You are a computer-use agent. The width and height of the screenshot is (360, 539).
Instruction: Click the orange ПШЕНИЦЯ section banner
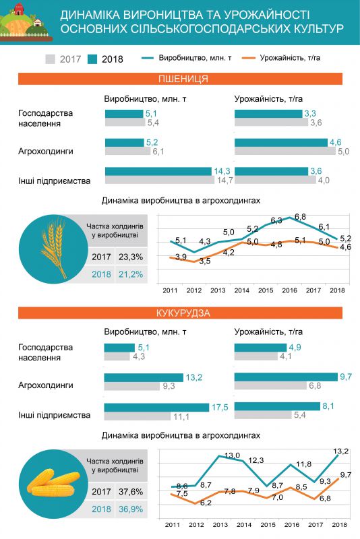point(180,79)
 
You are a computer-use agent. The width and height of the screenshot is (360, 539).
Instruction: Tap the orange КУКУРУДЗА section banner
point(180,313)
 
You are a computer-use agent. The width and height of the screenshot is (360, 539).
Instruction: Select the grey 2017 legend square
point(50,59)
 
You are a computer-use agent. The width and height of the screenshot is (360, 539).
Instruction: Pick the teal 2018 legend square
point(92,59)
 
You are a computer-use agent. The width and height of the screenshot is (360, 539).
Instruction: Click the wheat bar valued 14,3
point(158,171)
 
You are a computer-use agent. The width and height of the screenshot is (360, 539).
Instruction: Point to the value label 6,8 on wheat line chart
point(300,217)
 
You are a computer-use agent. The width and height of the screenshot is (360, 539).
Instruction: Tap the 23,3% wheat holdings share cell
point(131,257)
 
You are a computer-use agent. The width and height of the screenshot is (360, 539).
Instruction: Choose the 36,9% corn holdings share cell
point(131,509)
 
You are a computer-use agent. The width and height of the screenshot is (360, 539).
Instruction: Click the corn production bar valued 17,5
point(156,408)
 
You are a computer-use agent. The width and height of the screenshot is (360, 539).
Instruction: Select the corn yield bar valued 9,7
point(286,377)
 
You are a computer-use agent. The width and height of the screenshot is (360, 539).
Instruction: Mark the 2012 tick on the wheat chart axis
point(194,290)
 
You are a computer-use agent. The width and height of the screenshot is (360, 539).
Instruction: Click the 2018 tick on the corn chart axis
point(339,525)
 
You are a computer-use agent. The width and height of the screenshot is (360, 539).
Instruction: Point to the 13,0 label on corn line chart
point(232,455)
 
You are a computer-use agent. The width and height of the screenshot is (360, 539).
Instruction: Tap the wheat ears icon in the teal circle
point(54,249)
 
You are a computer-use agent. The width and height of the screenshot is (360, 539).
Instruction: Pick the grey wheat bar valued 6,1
point(127,151)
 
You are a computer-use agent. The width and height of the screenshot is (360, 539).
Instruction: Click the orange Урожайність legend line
point(249,58)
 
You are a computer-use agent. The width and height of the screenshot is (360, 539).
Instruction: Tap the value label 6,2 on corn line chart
point(205,503)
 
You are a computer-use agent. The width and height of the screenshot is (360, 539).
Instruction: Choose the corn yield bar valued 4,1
point(256,356)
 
